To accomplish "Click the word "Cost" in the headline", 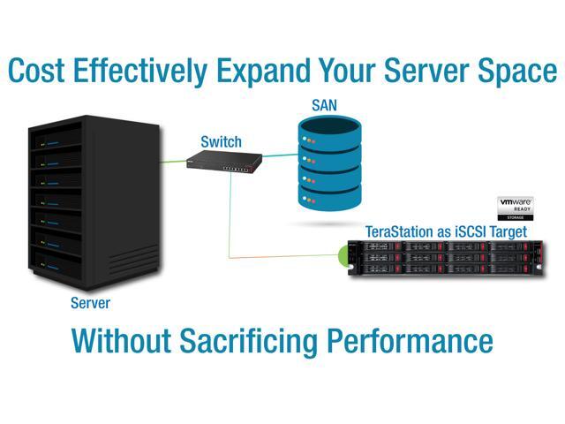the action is (36, 70).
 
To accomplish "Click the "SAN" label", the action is (324, 105).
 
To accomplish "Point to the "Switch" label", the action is (221, 141).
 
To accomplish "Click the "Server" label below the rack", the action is (90, 303).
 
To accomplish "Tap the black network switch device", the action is (224, 161).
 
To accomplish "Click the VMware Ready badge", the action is (516, 208).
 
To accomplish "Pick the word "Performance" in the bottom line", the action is (410, 340).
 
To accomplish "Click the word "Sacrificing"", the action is (249, 342).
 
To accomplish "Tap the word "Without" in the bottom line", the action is (121, 340).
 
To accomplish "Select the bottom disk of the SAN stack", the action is (329, 197).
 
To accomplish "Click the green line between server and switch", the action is (173, 161).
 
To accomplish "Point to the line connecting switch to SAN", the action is (280, 155).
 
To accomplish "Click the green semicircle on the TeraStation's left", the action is (343, 256).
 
